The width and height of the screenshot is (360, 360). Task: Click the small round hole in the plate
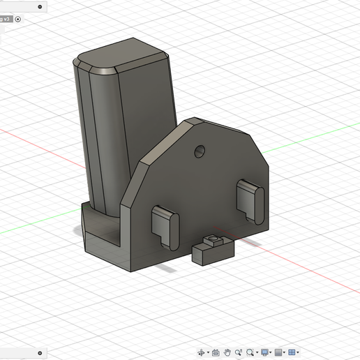[x=201, y=150]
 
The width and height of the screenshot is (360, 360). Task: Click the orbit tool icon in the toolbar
[x=202, y=352]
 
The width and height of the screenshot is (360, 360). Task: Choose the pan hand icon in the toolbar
[x=227, y=352]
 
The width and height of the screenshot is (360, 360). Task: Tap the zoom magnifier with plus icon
[x=239, y=352]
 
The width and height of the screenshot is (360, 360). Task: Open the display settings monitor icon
[x=265, y=352]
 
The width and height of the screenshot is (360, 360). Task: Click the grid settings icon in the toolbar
[x=278, y=352]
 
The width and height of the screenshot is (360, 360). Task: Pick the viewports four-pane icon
[x=292, y=352]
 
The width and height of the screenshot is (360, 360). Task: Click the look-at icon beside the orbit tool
[x=216, y=352]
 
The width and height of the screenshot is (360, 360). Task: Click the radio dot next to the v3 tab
[x=18, y=19]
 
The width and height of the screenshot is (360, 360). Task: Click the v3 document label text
[x=6, y=19]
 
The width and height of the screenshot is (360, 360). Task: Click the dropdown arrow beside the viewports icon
[x=299, y=353]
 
